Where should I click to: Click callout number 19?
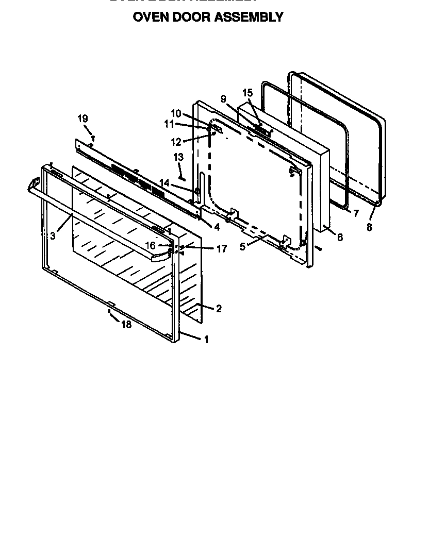coord(82,119)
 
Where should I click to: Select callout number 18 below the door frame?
coord(126,325)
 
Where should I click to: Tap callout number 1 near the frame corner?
coord(207,340)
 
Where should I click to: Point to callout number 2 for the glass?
coord(219,309)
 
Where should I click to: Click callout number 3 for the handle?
coord(53,237)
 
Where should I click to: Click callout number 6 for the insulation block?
coord(339,237)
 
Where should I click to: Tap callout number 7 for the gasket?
coord(356,213)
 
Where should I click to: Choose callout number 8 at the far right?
coord(369,227)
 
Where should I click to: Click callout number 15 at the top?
coord(247,93)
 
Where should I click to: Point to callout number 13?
coord(178,157)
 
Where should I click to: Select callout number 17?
coord(221,249)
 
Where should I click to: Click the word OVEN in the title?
coord(150,17)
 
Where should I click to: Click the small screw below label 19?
coord(93,138)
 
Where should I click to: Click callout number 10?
coord(176,113)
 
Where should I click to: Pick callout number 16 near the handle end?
coord(150,246)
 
